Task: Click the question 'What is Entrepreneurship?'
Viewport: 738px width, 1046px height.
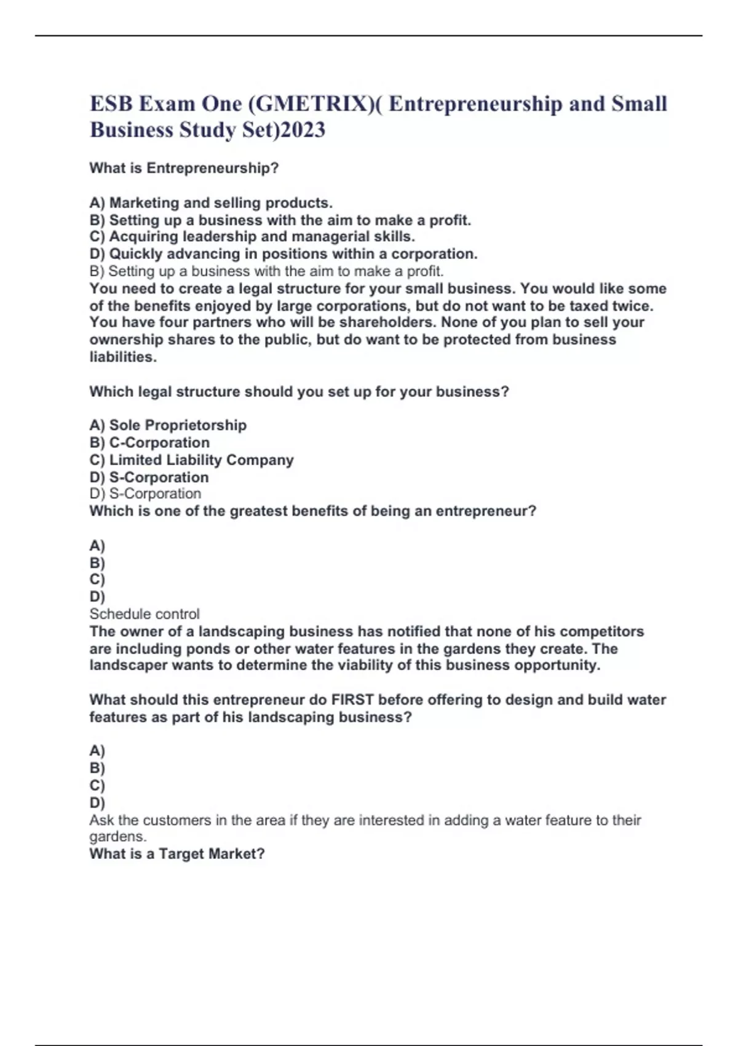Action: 184,168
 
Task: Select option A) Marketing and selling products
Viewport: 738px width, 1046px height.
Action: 211,202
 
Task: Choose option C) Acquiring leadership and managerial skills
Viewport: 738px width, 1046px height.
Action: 252,236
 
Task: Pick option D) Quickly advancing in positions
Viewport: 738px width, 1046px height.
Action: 284,254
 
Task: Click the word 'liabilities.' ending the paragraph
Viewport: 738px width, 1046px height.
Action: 123,357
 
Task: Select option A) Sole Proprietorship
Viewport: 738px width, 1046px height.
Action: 168,425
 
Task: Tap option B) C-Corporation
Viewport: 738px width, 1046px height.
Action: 149,442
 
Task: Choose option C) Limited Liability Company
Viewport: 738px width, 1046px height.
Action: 191,460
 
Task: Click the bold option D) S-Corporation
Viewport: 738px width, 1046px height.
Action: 149,477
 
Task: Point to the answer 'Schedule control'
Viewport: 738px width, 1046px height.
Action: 145,613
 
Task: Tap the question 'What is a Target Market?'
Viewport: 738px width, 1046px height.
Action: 177,853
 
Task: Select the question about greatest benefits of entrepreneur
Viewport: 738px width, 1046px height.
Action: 312,511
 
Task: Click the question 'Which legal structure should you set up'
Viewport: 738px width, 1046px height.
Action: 299,391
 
